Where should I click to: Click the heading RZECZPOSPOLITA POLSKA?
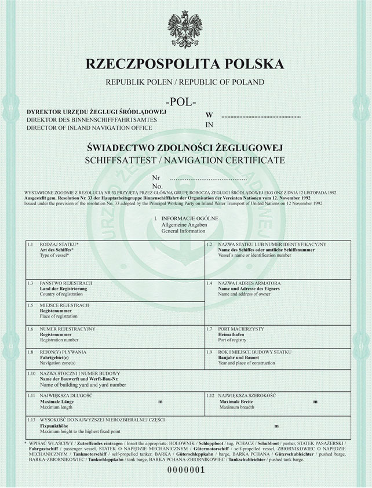click(185, 64)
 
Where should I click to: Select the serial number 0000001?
click(187, 470)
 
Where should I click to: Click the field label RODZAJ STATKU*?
click(60, 245)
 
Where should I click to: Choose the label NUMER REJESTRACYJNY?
click(68, 329)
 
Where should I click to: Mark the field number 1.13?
click(32, 419)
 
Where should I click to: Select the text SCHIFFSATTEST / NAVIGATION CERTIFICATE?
click(185, 159)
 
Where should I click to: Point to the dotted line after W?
click(261, 116)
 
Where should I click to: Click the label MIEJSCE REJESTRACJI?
click(64, 305)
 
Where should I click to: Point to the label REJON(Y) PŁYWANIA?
click(63, 351)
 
